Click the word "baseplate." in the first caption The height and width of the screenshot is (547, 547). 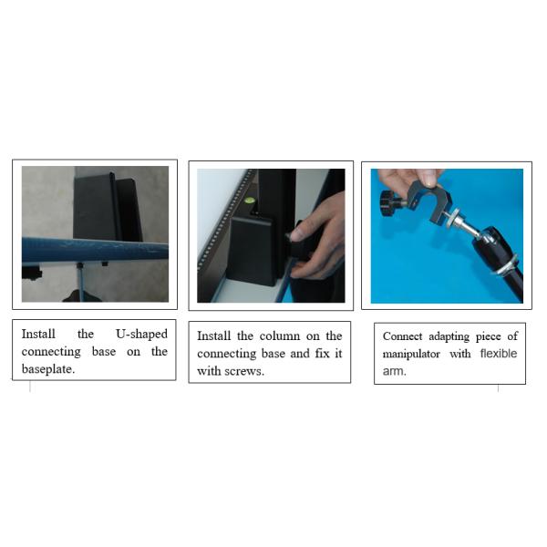tap(47, 368)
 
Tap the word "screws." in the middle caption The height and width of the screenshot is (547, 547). tap(242, 371)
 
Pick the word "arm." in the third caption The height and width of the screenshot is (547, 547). tap(394, 370)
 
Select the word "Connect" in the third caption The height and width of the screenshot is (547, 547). tap(402, 335)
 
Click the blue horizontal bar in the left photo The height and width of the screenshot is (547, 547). tap(91, 248)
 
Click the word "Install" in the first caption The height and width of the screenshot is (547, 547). tap(40, 334)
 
